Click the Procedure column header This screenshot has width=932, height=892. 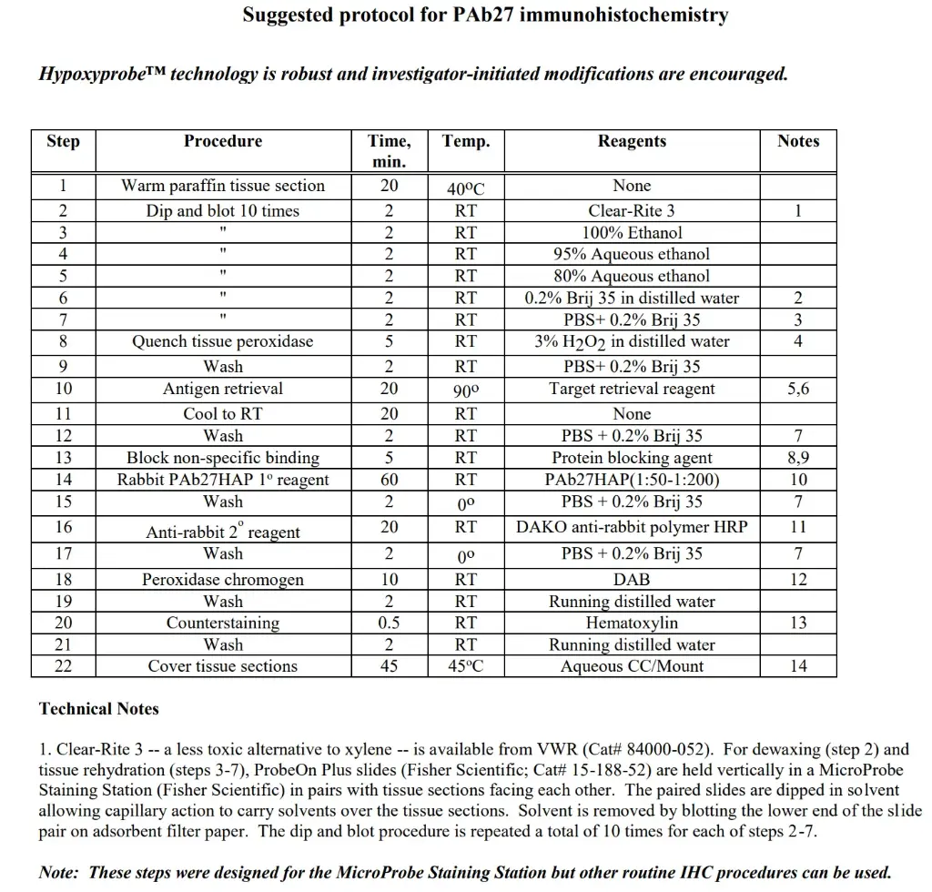pyautogui.click(x=223, y=141)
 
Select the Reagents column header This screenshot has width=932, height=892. pyautogui.click(x=632, y=141)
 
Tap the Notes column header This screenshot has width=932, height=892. pyautogui.click(x=798, y=141)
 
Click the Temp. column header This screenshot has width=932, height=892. pyautogui.click(x=466, y=141)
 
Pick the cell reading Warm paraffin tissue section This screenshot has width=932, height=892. pyautogui.click(x=223, y=186)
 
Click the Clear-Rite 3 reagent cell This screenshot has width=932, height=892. pyautogui.click(x=632, y=211)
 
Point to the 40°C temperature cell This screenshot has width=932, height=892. pyautogui.click(x=466, y=188)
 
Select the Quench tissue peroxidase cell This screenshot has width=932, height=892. pyautogui.click(x=223, y=341)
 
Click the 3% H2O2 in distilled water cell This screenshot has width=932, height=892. pyautogui.click(x=632, y=342)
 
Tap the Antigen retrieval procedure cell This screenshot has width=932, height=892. pyautogui.click(x=223, y=389)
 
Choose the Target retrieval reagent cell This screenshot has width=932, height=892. pyautogui.click(x=632, y=389)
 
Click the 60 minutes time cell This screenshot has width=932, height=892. pyautogui.click(x=389, y=480)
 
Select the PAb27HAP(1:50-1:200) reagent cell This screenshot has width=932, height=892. pyautogui.click(x=632, y=480)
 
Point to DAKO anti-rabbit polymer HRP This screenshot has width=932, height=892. pyautogui.click(x=632, y=527)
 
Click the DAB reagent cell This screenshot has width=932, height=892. pyautogui.click(x=632, y=580)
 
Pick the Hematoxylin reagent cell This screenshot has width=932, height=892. pyautogui.click(x=632, y=623)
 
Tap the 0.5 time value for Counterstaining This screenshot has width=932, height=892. pyautogui.click(x=389, y=623)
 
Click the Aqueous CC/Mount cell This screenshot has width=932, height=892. pyautogui.click(x=632, y=666)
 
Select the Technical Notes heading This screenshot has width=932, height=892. pyautogui.click(x=99, y=709)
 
